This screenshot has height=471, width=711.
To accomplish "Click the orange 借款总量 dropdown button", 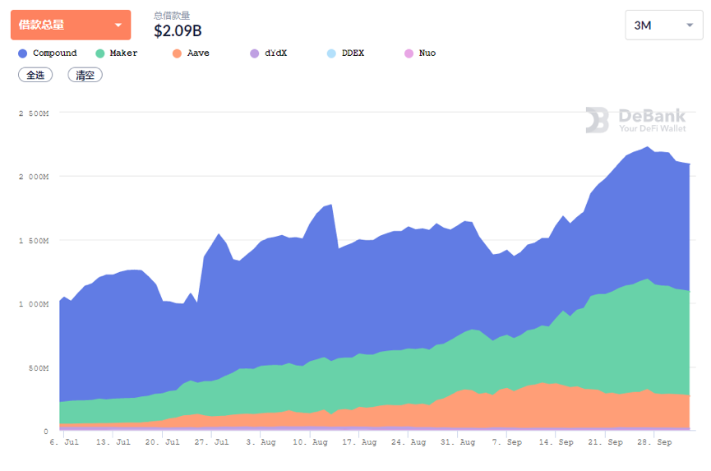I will pyautogui.click(x=70, y=25).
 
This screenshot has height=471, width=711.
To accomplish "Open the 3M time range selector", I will pyautogui.click(x=663, y=25).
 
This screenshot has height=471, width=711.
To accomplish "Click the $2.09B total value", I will pyautogui.click(x=178, y=31).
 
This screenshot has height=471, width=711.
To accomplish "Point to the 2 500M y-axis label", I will pyautogui.click(x=34, y=113).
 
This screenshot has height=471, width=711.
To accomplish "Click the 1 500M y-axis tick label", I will pyautogui.click(x=34, y=241).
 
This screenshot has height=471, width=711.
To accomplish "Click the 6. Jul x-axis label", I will pyautogui.click(x=64, y=442).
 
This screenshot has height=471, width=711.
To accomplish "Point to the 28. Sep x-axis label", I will pyautogui.click(x=656, y=442).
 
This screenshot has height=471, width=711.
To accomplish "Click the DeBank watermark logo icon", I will pyautogui.click(x=597, y=120).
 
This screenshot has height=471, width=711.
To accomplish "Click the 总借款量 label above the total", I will pyautogui.click(x=172, y=15).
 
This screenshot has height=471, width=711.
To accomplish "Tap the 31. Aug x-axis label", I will pyautogui.click(x=459, y=442).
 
